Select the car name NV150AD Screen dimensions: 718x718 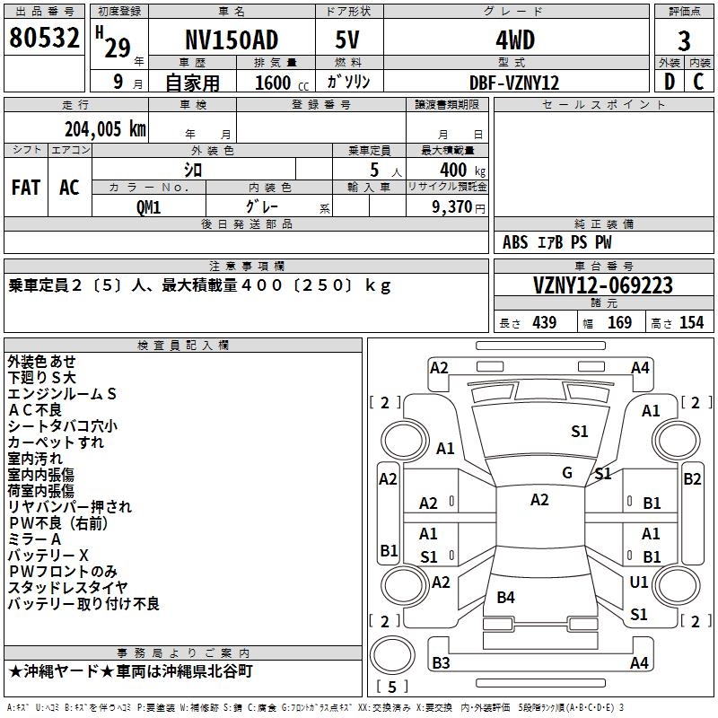point(232,40)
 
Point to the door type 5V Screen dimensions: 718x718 point(349,40)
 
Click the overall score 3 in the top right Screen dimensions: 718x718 point(684,41)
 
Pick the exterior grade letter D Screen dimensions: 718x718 point(669,82)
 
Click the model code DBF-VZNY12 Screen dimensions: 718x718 point(514,83)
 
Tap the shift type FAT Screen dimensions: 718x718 point(26,188)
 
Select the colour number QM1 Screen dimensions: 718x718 point(148,206)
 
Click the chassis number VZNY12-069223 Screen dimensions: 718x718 point(603,286)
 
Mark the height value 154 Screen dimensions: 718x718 point(691,323)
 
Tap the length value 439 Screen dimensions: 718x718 point(544,323)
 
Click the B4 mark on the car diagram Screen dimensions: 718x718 point(505,597)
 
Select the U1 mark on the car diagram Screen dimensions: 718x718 point(638,582)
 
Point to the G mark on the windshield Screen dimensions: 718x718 point(567,473)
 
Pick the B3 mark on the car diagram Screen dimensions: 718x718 point(441,663)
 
